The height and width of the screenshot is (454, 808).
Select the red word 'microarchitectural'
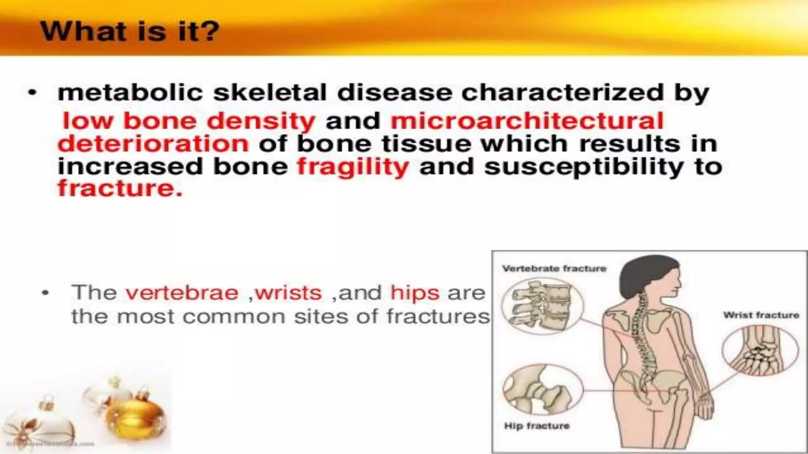(527, 121)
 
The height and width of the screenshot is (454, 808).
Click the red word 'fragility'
(353, 167)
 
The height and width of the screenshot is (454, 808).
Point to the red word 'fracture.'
(120, 188)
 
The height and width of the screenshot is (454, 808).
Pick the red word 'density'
(261, 121)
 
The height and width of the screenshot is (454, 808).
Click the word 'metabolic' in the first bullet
(130, 93)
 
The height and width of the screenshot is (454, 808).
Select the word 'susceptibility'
(584, 167)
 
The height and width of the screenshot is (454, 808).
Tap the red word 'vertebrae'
(182, 293)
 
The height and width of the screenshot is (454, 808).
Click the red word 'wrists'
(288, 293)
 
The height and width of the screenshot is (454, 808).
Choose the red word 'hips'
(415, 293)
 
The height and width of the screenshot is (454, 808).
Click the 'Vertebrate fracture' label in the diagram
(554, 269)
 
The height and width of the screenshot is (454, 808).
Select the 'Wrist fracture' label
(761, 315)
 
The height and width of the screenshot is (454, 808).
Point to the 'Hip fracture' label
(537, 426)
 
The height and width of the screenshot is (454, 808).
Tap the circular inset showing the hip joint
(542, 390)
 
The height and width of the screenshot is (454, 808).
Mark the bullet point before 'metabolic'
(32, 93)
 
